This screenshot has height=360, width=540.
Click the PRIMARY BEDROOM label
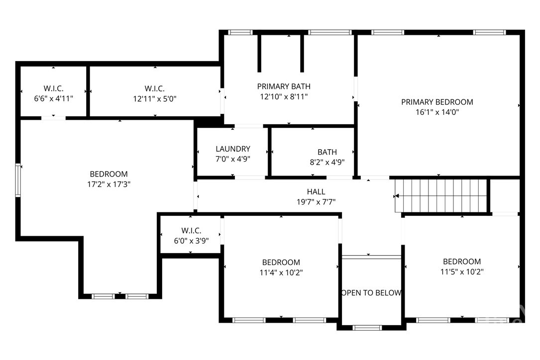437,102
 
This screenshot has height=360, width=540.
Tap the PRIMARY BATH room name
284,87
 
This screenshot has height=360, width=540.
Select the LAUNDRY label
233,149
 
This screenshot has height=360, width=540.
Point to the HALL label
316,192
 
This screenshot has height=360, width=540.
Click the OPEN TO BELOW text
371,293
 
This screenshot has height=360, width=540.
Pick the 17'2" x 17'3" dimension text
109,184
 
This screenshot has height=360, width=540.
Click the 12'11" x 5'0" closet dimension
155,99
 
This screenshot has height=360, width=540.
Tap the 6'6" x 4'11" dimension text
53,99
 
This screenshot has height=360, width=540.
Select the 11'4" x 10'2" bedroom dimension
281,272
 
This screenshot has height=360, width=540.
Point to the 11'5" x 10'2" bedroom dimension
462,271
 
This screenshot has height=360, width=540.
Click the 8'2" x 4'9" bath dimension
327,162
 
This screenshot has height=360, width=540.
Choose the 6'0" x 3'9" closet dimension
191,241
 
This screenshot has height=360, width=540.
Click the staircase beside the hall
441,196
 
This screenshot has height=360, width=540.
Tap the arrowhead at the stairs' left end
396,196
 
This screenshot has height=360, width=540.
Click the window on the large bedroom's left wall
18,180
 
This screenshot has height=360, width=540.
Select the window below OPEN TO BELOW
367,328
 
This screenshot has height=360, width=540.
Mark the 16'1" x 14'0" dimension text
437,112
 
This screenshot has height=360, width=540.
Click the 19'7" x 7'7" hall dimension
316,202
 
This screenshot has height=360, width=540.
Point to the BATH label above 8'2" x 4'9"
327,152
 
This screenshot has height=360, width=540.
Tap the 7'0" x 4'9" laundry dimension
233,159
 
